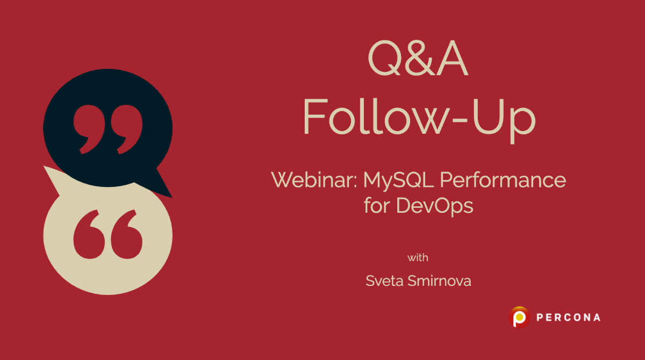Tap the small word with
418,257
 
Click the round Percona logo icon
520,317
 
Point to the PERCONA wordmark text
568,318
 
